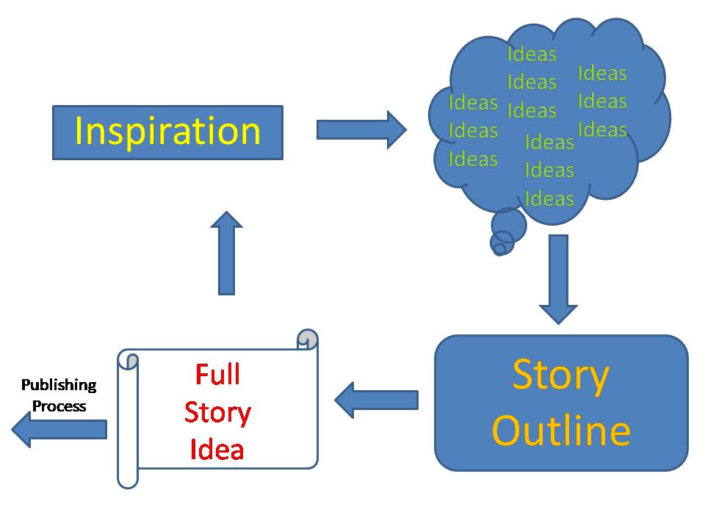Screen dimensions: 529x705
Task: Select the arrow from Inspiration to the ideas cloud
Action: click(x=361, y=130)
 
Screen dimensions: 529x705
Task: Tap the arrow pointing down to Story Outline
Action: click(x=558, y=279)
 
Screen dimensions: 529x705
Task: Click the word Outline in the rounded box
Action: click(x=560, y=431)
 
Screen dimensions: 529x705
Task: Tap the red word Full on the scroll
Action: click(x=217, y=375)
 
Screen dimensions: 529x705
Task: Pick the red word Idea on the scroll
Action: click(x=217, y=449)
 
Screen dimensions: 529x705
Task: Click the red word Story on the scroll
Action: click(x=217, y=412)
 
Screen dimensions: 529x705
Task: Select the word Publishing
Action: click(x=59, y=385)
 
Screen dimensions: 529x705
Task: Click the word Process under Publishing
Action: click(x=59, y=406)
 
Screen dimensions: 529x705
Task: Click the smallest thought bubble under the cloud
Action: click(x=499, y=249)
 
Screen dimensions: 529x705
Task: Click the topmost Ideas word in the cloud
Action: click(x=532, y=54)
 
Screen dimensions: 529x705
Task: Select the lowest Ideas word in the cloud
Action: click(x=549, y=198)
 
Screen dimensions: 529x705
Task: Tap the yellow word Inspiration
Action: click(x=167, y=132)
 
